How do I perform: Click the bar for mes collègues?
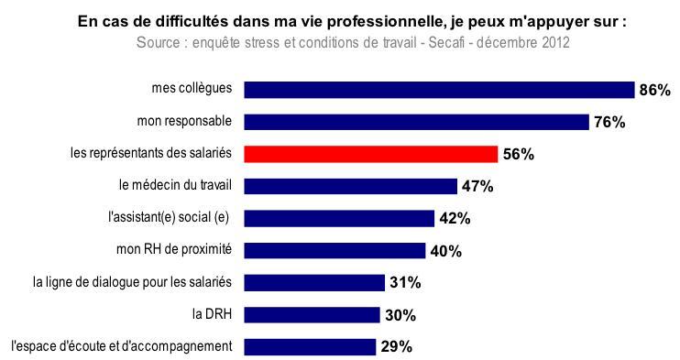pyautogui.click(x=440, y=90)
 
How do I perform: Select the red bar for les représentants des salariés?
pyautogui.click(x=371, y=154)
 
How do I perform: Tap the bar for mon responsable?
pyautogui.click(x=417, y=122)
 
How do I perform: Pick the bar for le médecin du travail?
pyautogui.click(x=351, y=186)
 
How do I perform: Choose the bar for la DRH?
pyautogui.click(x=313, y=315)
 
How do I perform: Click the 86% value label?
pyautogui.click(x=655, y=91)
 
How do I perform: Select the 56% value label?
pyautogui.click(x=518, y=155)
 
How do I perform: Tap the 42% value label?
pyautogui.click(x=455, y=219)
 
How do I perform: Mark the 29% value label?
pyautogui.click(x=396, y=347)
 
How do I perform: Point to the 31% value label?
pyautogui.click(x=404, y=283)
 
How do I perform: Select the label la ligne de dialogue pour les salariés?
pyautogui.click(x=132, y=282)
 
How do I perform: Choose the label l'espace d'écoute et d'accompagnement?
pyautogui.click(x=122, y=346)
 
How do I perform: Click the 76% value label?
pyautogui.click(x=609, y=123)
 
